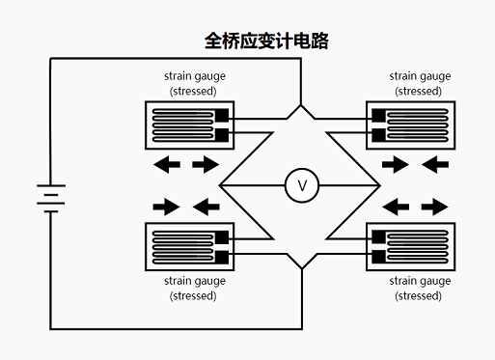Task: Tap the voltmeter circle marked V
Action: coord(301,184)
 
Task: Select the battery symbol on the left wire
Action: coord(49,198)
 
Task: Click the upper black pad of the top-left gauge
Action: coord(221,117)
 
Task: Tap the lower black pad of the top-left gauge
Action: coord(221,134)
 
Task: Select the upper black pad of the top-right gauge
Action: coord(378,117)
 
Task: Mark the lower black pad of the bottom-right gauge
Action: coord(378,256)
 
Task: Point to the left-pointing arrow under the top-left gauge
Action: coord(167,165)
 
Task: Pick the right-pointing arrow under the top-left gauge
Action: coord(205,165)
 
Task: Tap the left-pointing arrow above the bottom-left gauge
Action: coord(205,206)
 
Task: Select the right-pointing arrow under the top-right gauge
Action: coord(396,165)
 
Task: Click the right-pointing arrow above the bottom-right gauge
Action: coord(434,206)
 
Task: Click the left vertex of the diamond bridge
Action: coord(221,184)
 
